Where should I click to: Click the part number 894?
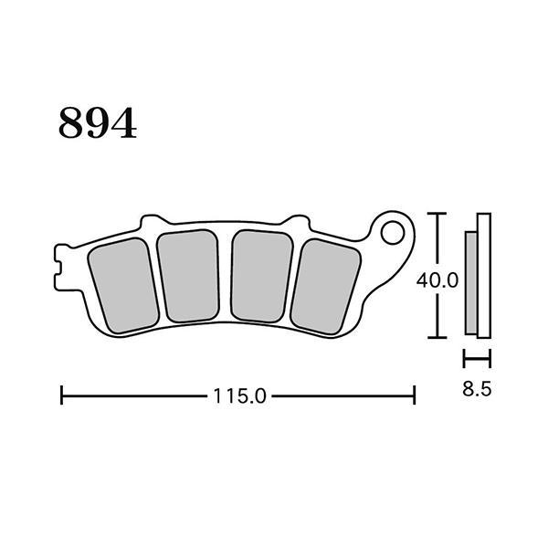tap(98, 123)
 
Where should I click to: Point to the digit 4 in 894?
tap(123, 123)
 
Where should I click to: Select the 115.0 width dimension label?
tap(238, 396)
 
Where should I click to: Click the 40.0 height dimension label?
tap(437, 281)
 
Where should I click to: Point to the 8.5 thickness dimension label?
tap(478, 388)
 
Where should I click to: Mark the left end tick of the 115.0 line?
tap(61, 395)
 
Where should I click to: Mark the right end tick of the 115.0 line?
tap(416, 395)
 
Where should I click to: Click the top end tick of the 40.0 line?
tap(439, 215)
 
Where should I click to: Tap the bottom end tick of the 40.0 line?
tap(439, 336)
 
